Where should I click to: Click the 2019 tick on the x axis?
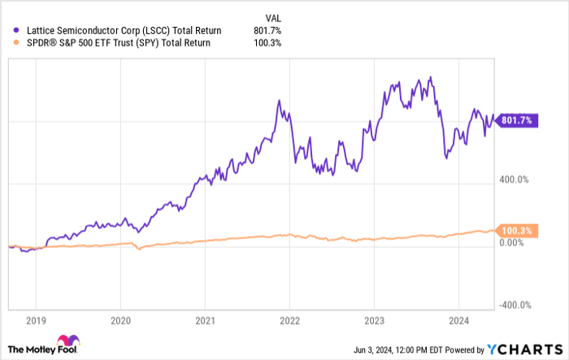pyautogui.click(x=35, y=320)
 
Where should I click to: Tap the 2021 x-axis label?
pyautogui.click(x=205, y=320)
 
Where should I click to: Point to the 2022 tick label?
pyautogui.click(x=289, y=320)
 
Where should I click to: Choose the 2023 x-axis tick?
pyautogui.click(x=374, y=320)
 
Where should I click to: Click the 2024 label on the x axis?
pyautogui.click(x=458, y=320)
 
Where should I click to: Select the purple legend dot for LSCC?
pyautogui.click(x=9, y=30)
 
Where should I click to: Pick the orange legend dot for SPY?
pyautogui.click(x=9, y=42)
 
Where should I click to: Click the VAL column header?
pyautogui.click(x=275, y=16)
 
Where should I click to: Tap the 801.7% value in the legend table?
pyautogui.click(x=267, y=30)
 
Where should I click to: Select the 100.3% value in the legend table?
pyautogui.click(x=267, y=42)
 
